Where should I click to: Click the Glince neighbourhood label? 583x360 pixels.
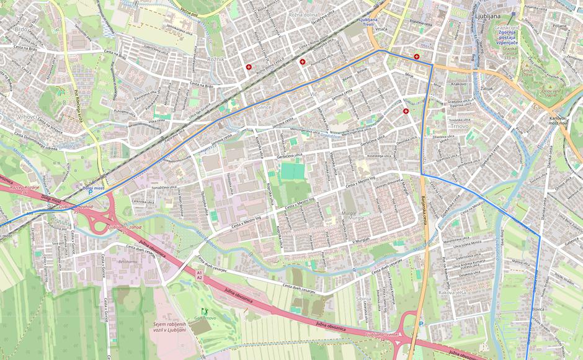[265, 107]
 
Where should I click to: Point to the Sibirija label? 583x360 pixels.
[363, 299]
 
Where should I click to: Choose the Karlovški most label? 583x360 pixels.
[558, 120]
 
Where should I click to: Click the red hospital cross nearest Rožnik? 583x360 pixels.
[249, 67]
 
